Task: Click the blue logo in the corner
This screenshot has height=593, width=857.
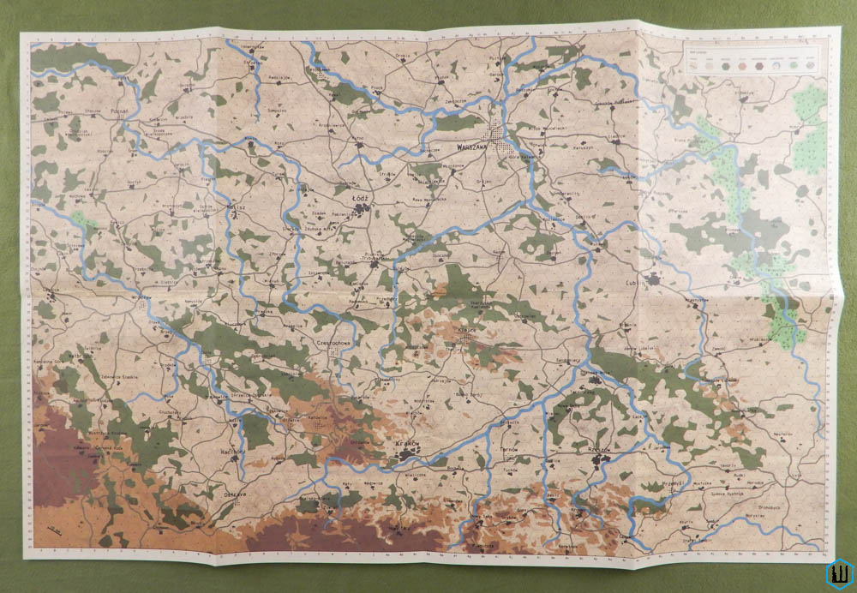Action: pos(837,573)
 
